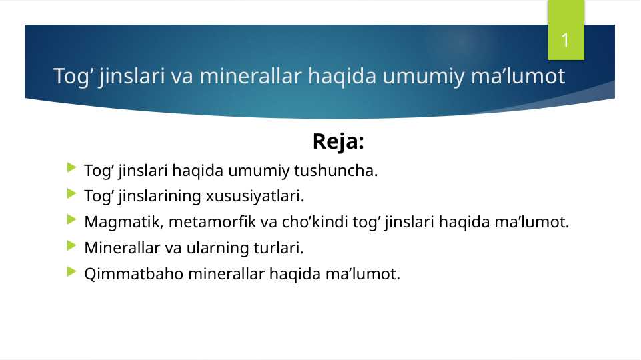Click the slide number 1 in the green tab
tap(565, 41)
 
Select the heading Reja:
tap(338, 141)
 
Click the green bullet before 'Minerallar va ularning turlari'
tap(72, 247)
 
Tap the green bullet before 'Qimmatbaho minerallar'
tap(72, 273)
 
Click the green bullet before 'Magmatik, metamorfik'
tap(72, 221)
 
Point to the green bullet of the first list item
tap(72, 170)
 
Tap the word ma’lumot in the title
tap(528, 77)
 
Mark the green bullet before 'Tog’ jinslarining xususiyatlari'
tap(72, 195)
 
